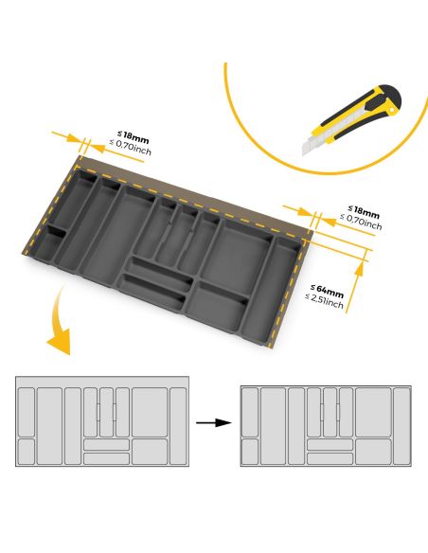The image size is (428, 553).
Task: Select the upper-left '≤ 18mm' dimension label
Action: click(133, 136)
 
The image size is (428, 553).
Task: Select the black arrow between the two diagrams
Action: click(215, 422)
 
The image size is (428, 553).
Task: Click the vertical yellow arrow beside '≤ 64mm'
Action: click(360, 284)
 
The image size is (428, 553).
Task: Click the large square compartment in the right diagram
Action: click(373, 408)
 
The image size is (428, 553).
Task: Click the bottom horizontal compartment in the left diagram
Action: click(106, 458)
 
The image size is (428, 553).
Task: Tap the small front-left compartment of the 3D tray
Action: click(49, 248)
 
